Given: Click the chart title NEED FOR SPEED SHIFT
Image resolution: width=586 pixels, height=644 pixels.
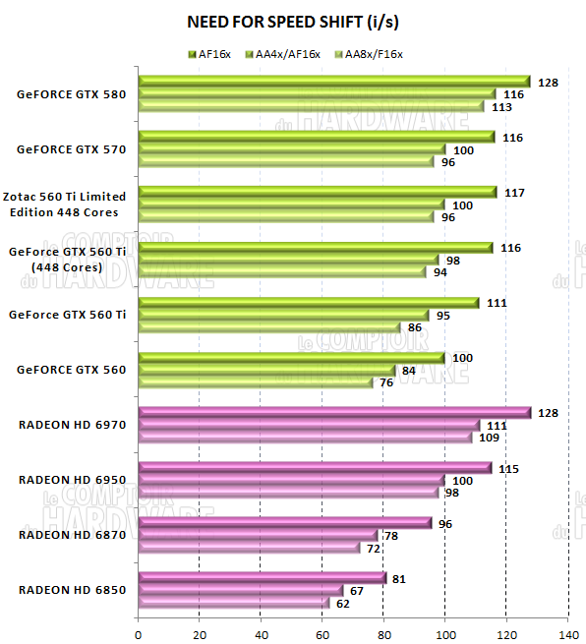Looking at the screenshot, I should click(x=292, y=21).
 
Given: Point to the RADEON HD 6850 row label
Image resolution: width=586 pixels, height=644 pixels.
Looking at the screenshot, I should click(x=72, y=590).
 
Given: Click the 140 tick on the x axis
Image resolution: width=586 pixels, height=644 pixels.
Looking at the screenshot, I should click(x=567, y=633).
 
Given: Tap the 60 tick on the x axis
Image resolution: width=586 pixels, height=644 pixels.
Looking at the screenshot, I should click(x=322, y=633).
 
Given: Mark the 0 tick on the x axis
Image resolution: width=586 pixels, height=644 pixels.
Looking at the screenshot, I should click(x=139, y=633).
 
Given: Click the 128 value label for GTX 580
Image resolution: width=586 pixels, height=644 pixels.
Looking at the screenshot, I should click(x=549, y=83).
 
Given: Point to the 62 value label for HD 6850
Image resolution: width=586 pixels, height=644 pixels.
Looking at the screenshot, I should click(x=343, y=603).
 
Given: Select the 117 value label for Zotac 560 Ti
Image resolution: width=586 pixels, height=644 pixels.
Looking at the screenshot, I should click(x=514, y=193).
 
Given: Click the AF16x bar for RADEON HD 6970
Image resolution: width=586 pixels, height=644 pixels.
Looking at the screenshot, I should click(x=334, y=413).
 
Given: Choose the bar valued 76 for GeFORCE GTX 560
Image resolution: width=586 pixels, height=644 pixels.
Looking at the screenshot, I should click(x=256, y=382).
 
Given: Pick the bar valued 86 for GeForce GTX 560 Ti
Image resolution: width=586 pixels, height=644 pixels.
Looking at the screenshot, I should click(x=270, y=327).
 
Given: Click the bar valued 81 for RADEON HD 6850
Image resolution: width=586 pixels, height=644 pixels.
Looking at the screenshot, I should click(x=263, y=578).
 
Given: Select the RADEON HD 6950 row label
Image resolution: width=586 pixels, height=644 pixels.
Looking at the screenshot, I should click(x=72, y=480).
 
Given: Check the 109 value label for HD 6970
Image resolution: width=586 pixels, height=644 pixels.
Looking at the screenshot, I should click(x=489, y=438).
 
